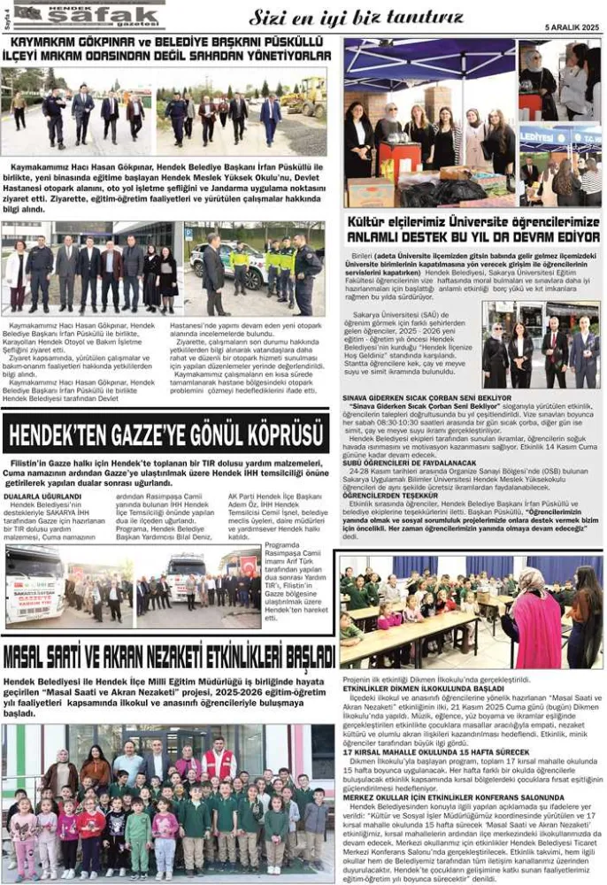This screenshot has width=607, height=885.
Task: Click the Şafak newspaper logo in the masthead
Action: pyautogui.click(x=88, y=13)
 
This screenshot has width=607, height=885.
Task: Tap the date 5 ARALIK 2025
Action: pyautogui.click(x=572, y=27)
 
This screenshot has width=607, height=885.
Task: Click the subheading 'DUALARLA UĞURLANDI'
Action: pyautogui.click(x=42, y=497)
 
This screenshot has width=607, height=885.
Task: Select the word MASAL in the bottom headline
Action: pyautogui.click(x=30, y=657)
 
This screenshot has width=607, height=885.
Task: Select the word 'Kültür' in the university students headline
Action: pyautogui.click(x=372, y=221)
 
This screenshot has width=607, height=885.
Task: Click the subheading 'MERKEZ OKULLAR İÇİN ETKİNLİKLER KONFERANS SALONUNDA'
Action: pyautogui.click(x=452, y=796)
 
